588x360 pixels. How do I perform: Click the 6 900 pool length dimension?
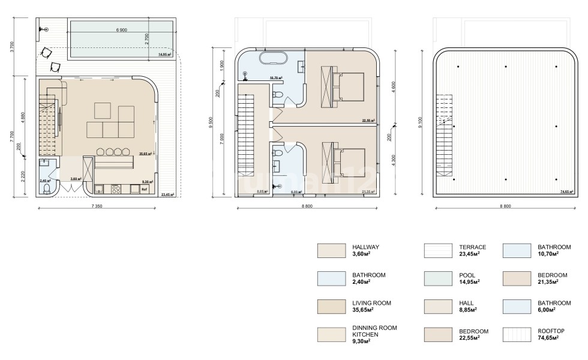tap(121, 29)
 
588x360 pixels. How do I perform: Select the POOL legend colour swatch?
tap(438, 278)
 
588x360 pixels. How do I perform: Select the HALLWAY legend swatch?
tap(331, 250)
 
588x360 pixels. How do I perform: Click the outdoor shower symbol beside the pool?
tap(40, 28)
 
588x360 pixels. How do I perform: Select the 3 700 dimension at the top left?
tap(12, 47)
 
